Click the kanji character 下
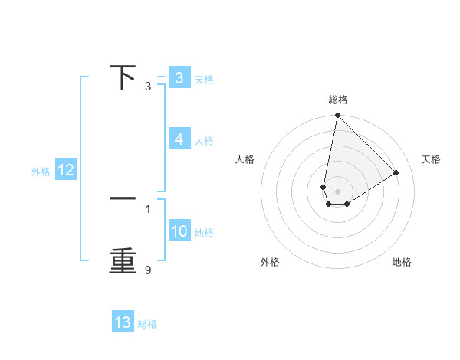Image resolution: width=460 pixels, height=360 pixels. click(123, 78)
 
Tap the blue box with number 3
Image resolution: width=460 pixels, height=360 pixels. click(179, 78)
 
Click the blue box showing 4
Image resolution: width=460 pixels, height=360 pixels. click(179, 139)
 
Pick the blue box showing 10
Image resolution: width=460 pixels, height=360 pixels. click(179, 231)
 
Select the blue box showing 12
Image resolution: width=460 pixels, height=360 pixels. click(66, 171)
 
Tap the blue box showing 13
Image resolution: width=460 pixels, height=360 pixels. click(123, 322)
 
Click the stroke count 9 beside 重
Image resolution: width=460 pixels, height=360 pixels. click(148, 270)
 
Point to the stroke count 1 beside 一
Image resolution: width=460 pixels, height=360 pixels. click(148, 208)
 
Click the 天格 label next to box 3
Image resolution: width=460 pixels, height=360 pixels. click(204, 80)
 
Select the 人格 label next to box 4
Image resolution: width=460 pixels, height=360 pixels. click(204, 141)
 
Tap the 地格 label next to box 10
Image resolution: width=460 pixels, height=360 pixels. click(204, 233)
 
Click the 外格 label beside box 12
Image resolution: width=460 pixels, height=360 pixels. click(41, 172)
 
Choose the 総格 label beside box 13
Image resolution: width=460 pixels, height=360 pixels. click(148, 324)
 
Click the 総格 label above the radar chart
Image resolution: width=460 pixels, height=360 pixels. click(338, 100)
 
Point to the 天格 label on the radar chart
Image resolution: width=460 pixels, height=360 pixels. click(431, 159)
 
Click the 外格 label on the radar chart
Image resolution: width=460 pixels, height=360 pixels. click(270, 262)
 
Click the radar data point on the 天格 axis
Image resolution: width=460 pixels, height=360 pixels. click(396, 172)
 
